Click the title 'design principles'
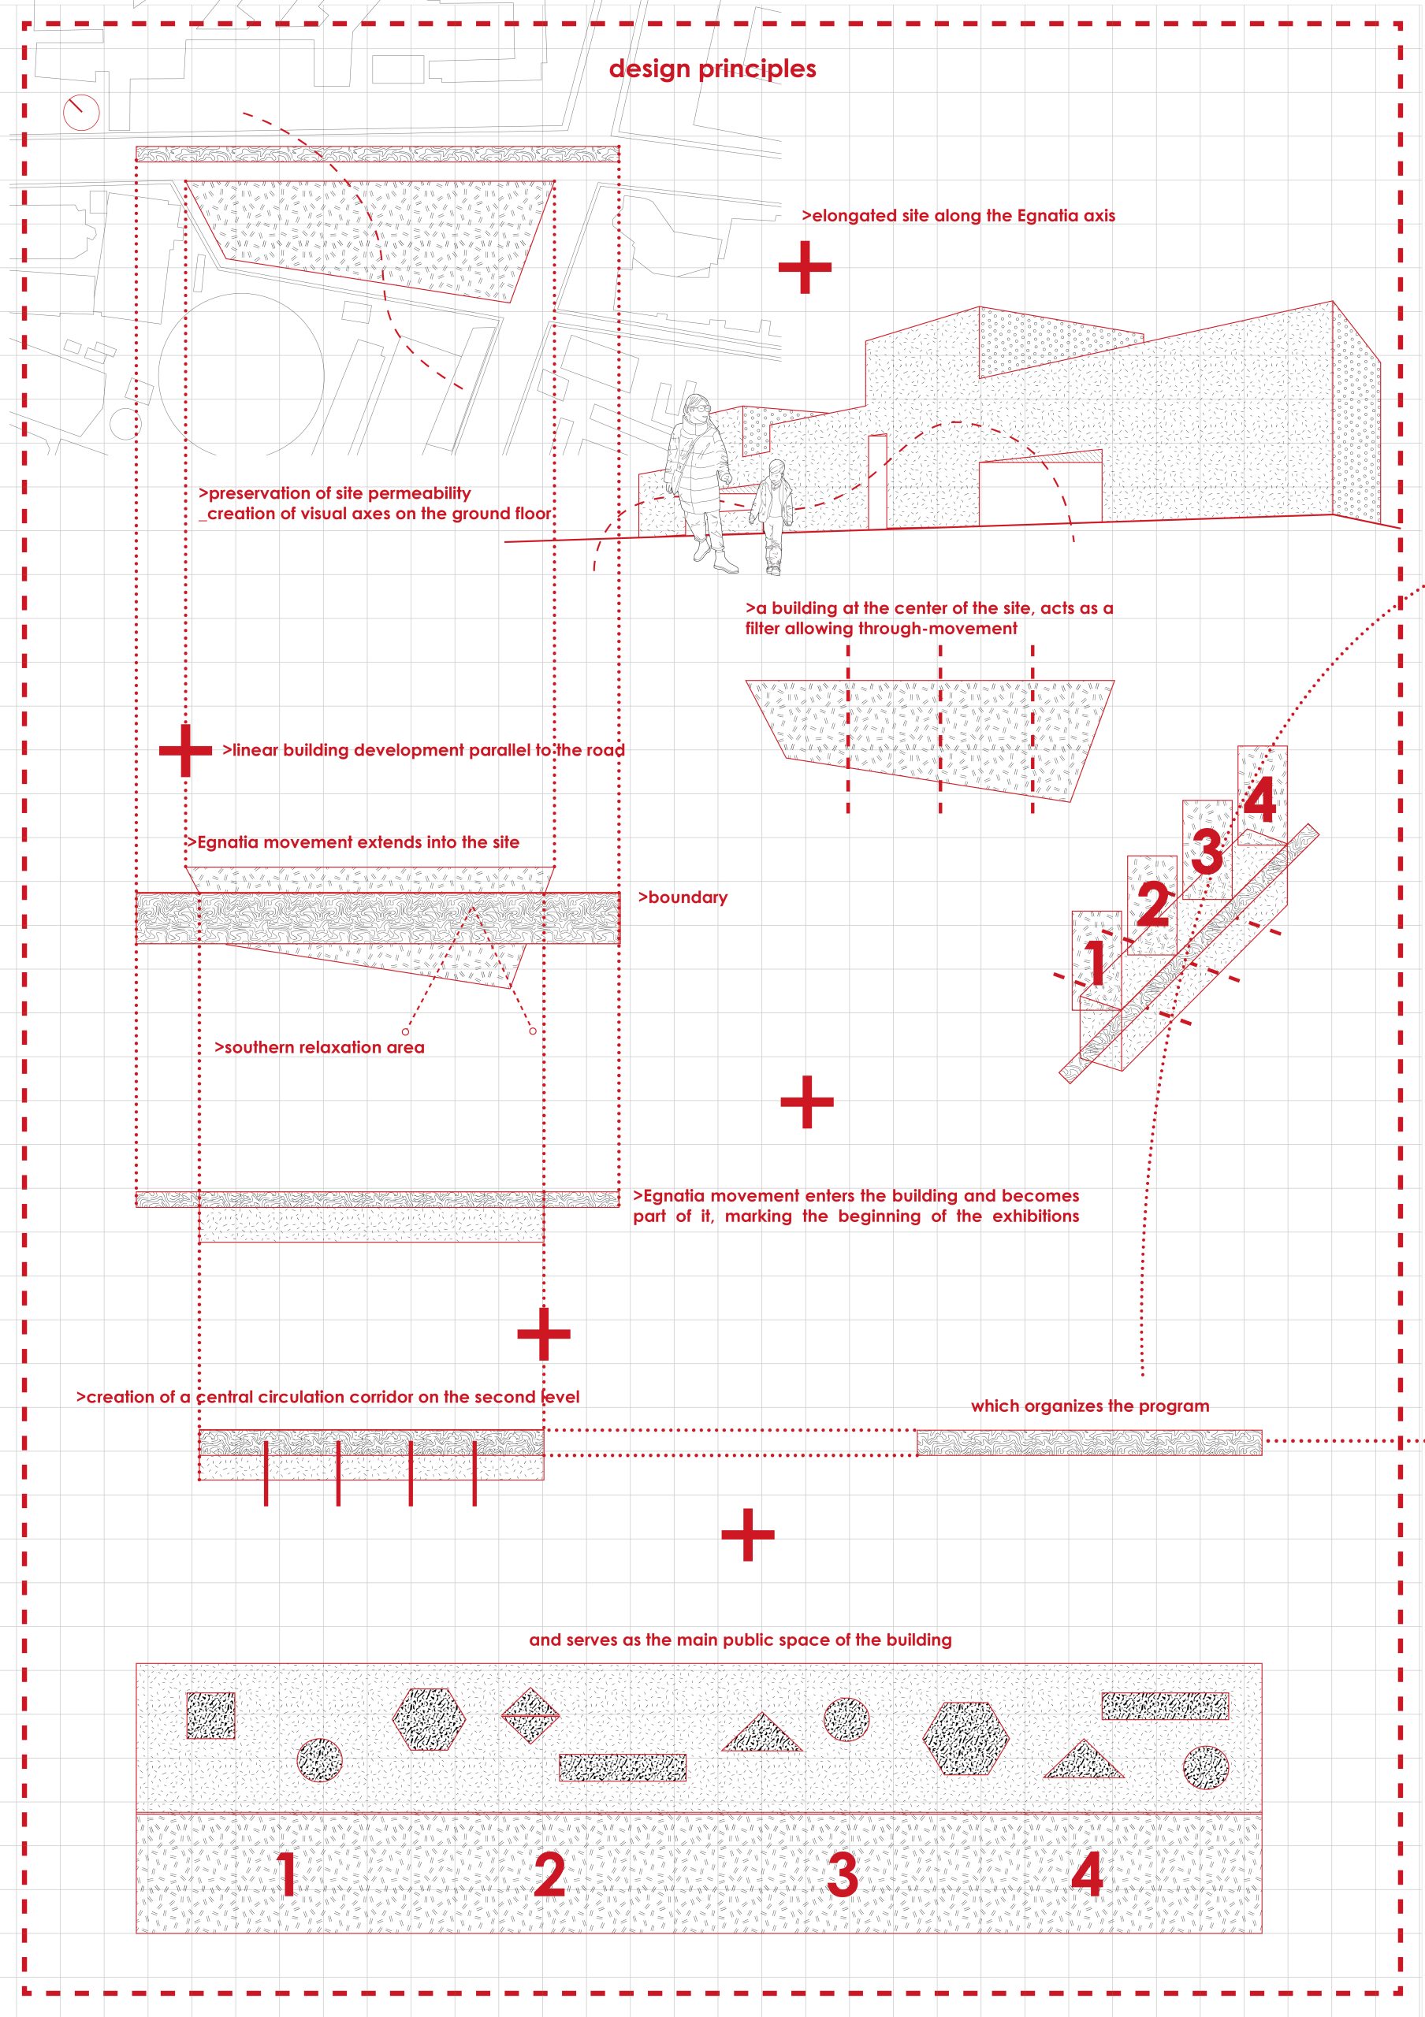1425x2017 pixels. point(712,69)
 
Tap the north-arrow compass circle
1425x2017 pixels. point(81,112)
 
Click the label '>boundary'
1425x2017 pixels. point(683,898)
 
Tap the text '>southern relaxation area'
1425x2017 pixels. point(320,1047)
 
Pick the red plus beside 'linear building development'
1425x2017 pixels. point(184,750)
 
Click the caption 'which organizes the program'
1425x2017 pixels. point(1089,1406)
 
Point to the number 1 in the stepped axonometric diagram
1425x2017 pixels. point(1096,962)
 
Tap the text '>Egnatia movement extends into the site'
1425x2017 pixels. point(353,842)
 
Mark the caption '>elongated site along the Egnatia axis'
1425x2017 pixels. point(958,216)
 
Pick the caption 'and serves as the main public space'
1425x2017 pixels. point(740,1640)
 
